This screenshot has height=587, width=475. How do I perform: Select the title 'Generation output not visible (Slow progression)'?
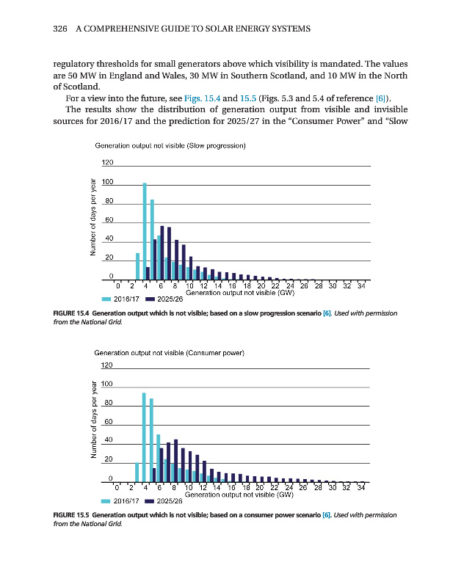tap(170, 145)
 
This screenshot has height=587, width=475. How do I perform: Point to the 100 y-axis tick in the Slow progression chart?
tap(107, 181)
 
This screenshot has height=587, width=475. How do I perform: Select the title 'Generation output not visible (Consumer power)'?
tap(170, 353)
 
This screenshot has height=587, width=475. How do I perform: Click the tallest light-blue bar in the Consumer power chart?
tap(144, 437)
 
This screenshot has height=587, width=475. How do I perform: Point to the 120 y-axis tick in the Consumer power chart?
tap(107, 365)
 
